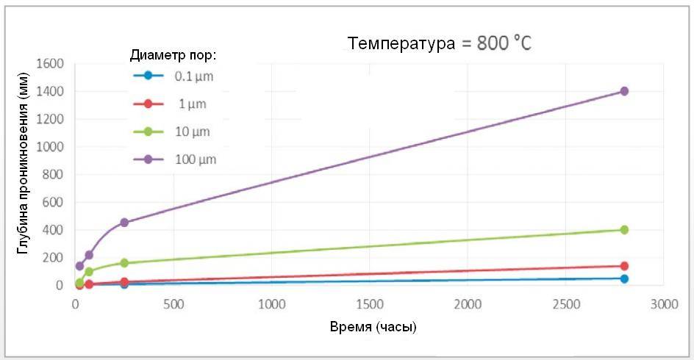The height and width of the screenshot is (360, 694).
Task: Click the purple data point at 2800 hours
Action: [624, 91]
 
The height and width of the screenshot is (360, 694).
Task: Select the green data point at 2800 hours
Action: [624, 230]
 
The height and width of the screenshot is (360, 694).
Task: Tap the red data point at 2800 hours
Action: [624, 266]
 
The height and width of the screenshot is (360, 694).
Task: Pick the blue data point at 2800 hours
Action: [624, 278]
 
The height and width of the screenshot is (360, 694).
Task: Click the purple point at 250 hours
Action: [124, 222]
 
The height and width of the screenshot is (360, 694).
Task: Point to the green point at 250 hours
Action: [124, 263]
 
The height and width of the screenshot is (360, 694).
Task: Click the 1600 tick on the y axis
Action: [49, 64]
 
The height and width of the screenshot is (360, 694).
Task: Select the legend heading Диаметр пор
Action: [172, 55]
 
